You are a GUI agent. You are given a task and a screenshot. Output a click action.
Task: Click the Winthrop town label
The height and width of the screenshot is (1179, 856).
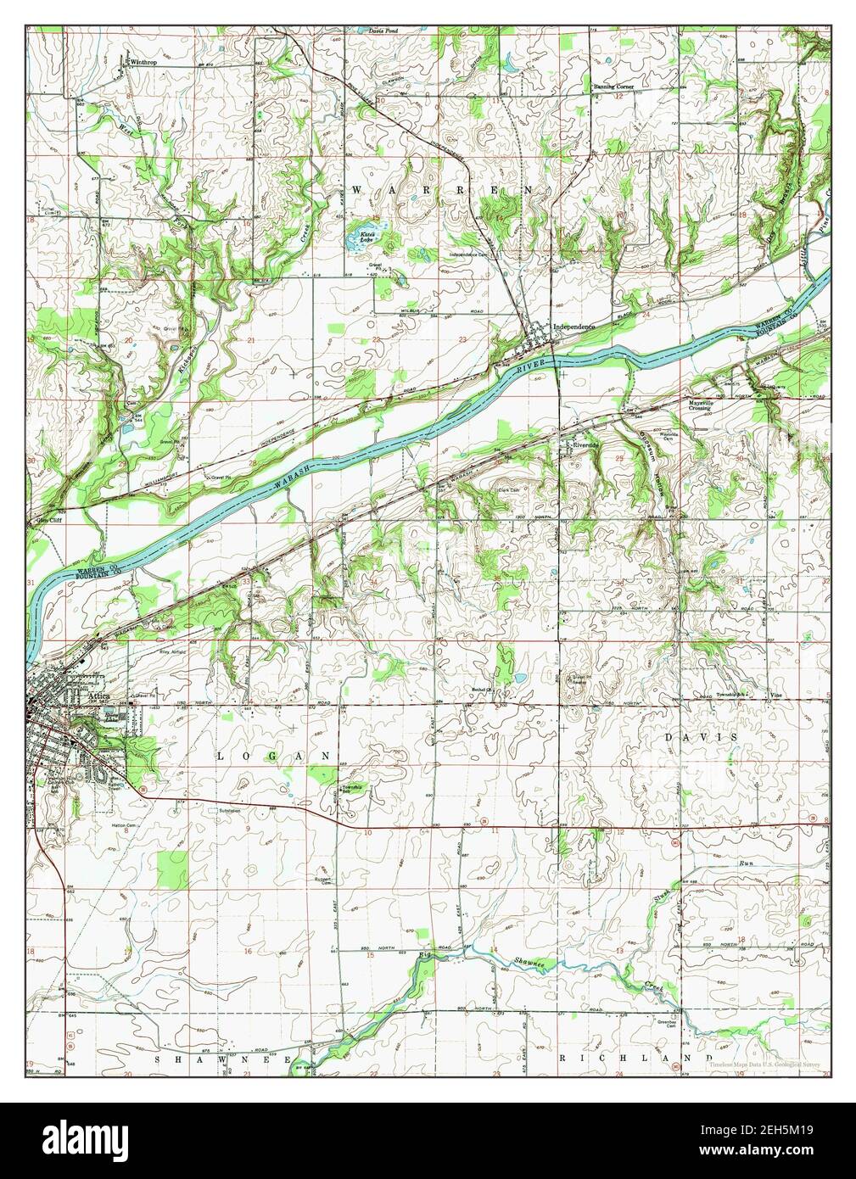tap(144, 63)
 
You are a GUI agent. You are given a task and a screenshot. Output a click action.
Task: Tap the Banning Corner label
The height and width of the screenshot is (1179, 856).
tap(613, 87)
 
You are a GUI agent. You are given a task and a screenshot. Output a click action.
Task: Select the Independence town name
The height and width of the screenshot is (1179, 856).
tap(574, 326)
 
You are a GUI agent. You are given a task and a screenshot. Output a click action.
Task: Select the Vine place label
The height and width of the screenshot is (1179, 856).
tap(775, 696)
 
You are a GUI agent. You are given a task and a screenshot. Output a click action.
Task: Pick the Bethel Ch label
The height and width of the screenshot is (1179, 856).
tap(484, 690)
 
